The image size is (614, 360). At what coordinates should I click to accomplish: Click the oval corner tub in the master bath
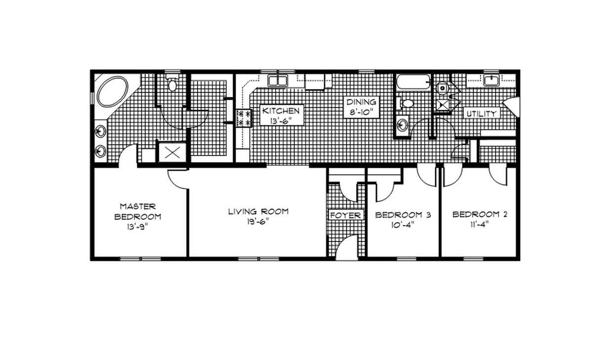(x=113, y=91)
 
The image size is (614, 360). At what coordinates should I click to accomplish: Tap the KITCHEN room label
(x=281, y=111)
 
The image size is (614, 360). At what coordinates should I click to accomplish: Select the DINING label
(x=361, y=102)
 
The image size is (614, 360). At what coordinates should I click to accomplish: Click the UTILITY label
(x=482, y=114)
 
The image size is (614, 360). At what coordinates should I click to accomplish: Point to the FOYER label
(x=346, y=215)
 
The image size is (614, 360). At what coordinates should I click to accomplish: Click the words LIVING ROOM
(x=258, y=211)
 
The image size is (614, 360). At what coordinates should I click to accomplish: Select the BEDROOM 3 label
(x=403, y=215)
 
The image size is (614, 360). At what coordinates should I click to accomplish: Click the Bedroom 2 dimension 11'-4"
(x=480, y=224)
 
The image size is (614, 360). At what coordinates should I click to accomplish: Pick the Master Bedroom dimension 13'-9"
(x=138, y=227)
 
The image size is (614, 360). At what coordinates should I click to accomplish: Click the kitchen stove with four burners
(x=244, y=119)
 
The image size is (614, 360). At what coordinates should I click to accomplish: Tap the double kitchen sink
(x=278, y=81)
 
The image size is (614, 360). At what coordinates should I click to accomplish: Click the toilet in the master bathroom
(x=172, y=82)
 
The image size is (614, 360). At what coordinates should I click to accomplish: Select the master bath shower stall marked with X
(x=172, y=152)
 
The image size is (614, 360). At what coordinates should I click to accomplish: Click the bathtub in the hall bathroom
(x=413, y=81)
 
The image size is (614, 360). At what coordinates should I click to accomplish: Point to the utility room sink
(x=491, y=81)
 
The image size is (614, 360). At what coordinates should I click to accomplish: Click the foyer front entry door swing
(x=347, y=247)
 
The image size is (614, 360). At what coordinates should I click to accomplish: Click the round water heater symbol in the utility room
(x=443, y=88)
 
